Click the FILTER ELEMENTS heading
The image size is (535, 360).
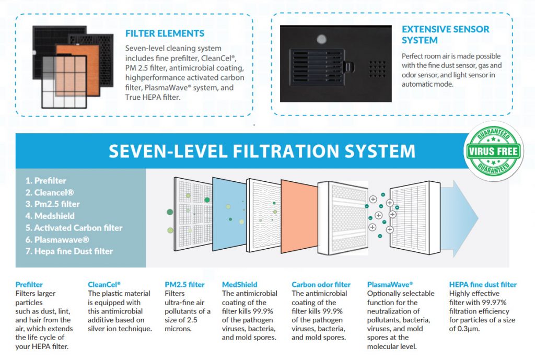(165, 33)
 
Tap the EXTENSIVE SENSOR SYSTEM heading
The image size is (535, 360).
(445, 35)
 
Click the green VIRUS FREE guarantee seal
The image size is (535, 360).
(493, 151)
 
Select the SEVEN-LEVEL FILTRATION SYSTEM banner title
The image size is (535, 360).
(262, 151)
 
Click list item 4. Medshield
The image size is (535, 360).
(50, 216)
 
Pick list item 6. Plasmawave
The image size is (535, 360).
(57, 239)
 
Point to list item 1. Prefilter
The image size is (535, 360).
(46, 180)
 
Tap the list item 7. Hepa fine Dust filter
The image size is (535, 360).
(69, 251)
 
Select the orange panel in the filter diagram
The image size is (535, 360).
(299, 217)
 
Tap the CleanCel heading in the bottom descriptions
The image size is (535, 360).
(104, 284)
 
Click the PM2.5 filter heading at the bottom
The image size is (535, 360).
(184, 284)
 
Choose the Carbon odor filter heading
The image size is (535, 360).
(321, 284)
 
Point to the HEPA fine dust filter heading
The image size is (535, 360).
(483, 284)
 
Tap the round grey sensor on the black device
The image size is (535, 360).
(321, 39)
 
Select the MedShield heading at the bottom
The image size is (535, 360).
(239, 284)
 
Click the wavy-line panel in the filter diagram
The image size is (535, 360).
(263, 215)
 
